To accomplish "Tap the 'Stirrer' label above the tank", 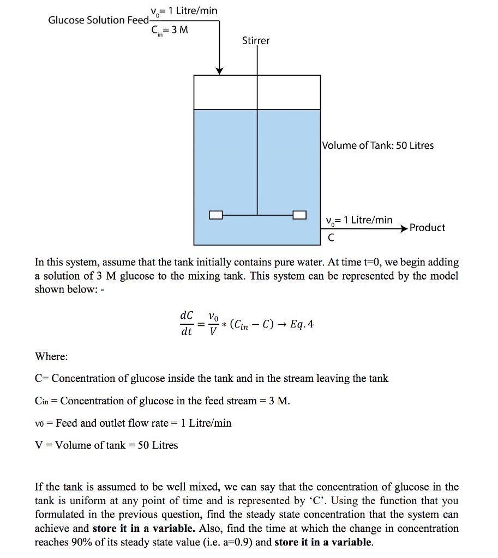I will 256,41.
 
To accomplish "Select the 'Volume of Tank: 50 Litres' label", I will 378,145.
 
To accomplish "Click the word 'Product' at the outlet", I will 427,228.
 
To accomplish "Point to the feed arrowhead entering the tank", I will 219,71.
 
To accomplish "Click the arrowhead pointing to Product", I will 404,229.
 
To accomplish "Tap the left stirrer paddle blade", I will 216,215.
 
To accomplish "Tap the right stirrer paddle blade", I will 299,215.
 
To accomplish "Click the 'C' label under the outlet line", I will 330,238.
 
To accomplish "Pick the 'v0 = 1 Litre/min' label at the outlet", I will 358,220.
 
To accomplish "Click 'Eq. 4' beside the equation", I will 302,325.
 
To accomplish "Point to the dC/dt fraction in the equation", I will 186,324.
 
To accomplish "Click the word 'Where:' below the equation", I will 51,356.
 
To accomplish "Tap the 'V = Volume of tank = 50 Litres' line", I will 106,445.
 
